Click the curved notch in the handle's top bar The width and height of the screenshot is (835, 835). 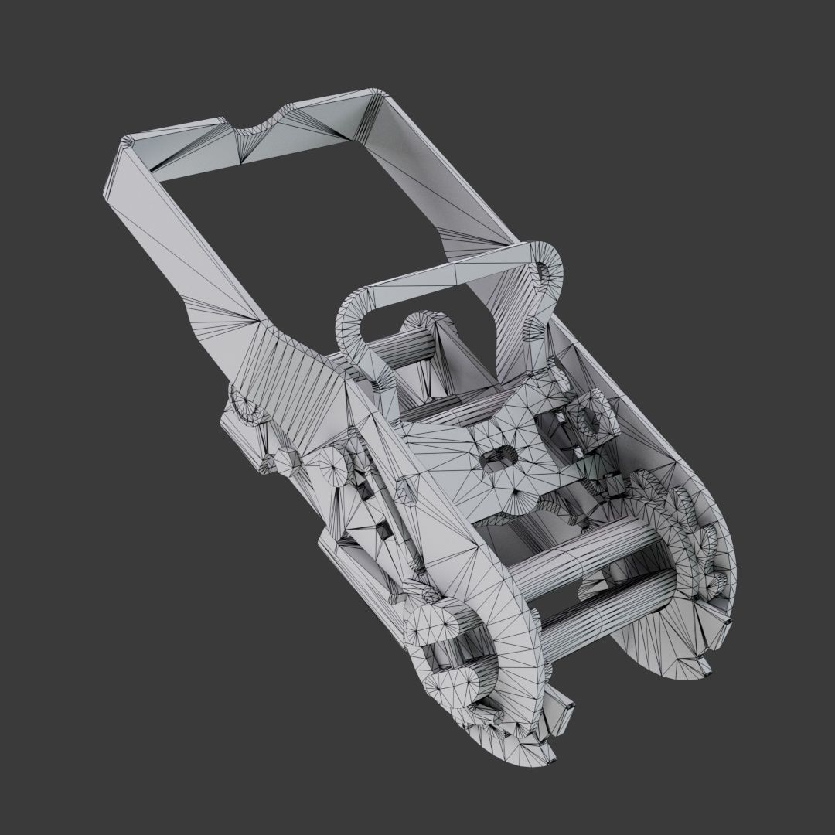pyautogui.click(x=258, y=128)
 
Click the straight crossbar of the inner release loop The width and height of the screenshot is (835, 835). pyautogui.click(x=448, y=274)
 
